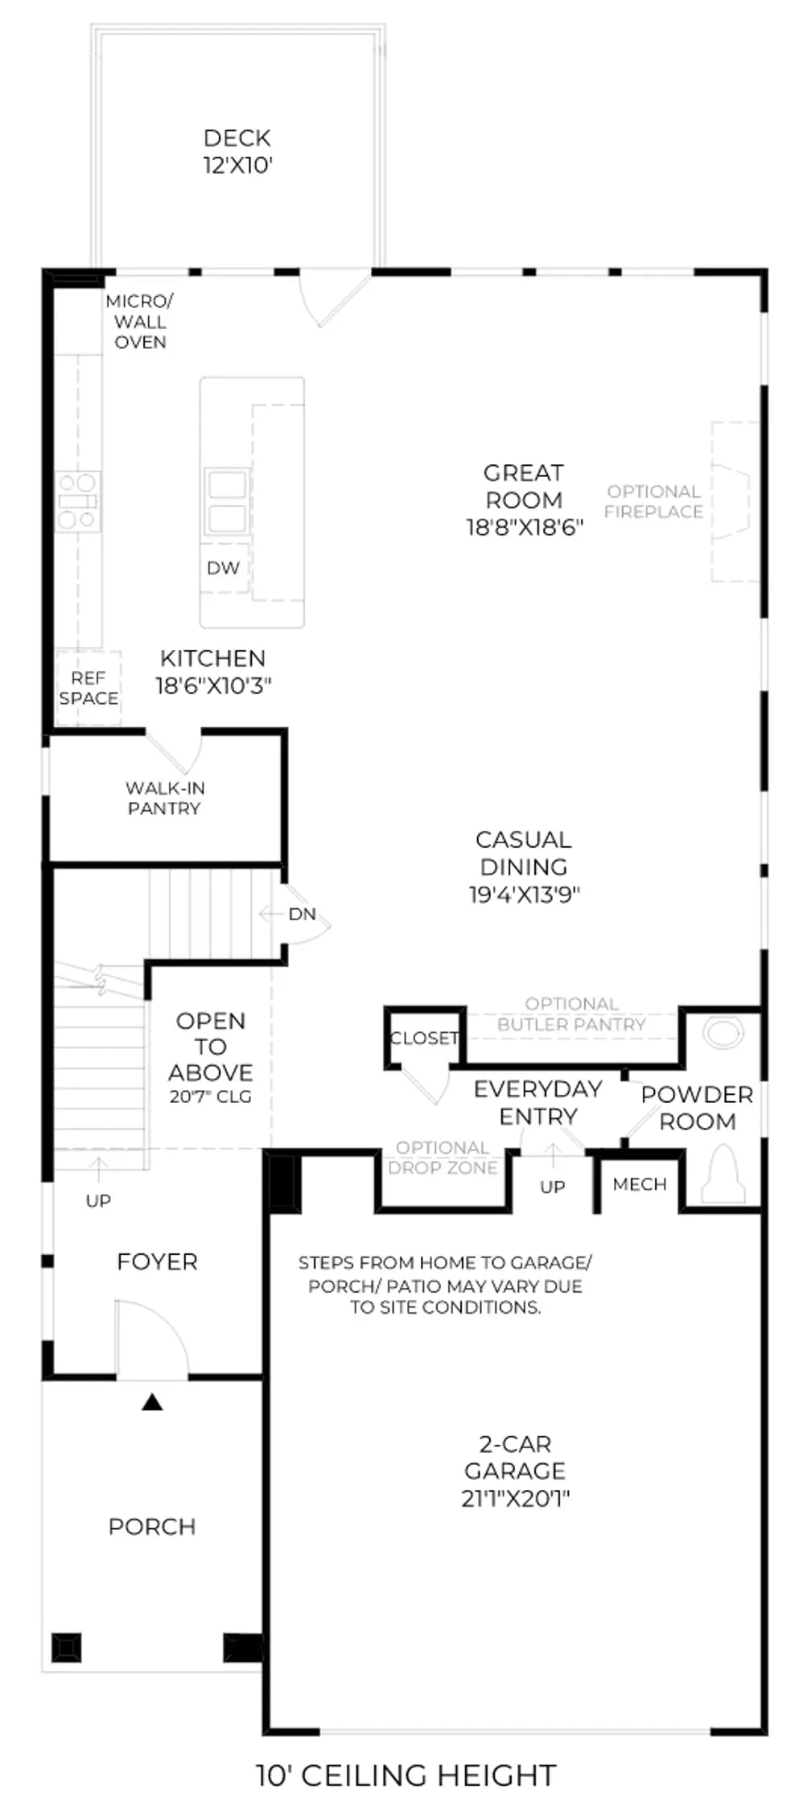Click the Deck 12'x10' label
(237, 151)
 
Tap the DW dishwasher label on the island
(223, 568)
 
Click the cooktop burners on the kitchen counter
(78, 501)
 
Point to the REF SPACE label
(89, 689)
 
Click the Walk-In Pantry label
(165, 798)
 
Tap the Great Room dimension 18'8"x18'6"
(525, 528)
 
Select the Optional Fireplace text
(653, 501)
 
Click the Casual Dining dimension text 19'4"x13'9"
(525, 895)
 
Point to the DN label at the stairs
(303, 914)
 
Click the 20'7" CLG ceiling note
(211, 1096)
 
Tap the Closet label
(424, 1039)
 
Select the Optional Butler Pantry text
(571, 1014)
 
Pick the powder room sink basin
(723, 1034)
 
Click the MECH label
(640, 1184)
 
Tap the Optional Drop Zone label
(443, 1158)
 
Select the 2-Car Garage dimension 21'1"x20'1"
(516, 1498)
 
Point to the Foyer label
(157, 1261)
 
